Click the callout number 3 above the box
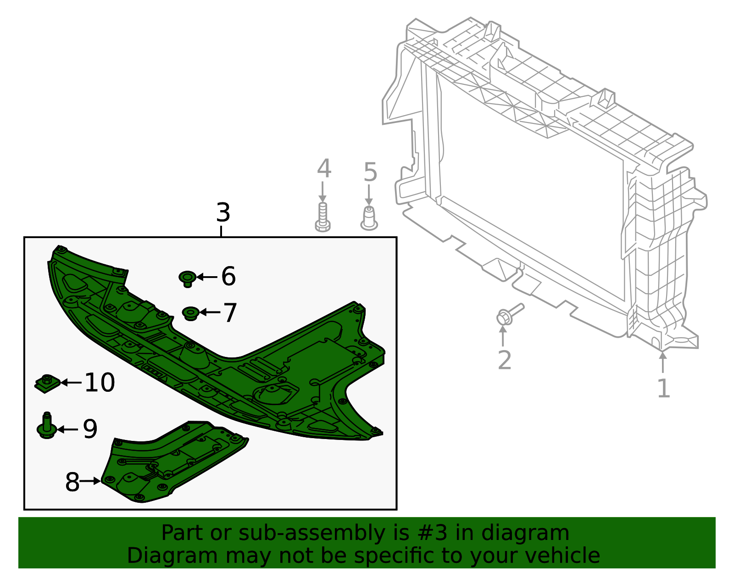click(x=223, y=213)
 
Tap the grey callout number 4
click(x=324, y=169)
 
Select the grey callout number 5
click(x=370, y=172)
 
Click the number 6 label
click(x=228, y=277)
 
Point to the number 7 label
click(x=230, y=313)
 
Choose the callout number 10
click(x=100, y=383)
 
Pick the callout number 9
click(x=90, y=429)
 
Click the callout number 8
click(x=72, y=482)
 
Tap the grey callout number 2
click(x=504, y=361)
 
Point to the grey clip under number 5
click(x=369, y=218)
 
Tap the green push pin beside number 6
click(x=187, y=278)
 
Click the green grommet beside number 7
click(x=190, y=313)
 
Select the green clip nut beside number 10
click(x=47, y=383)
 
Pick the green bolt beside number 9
click(x=47, y=426)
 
